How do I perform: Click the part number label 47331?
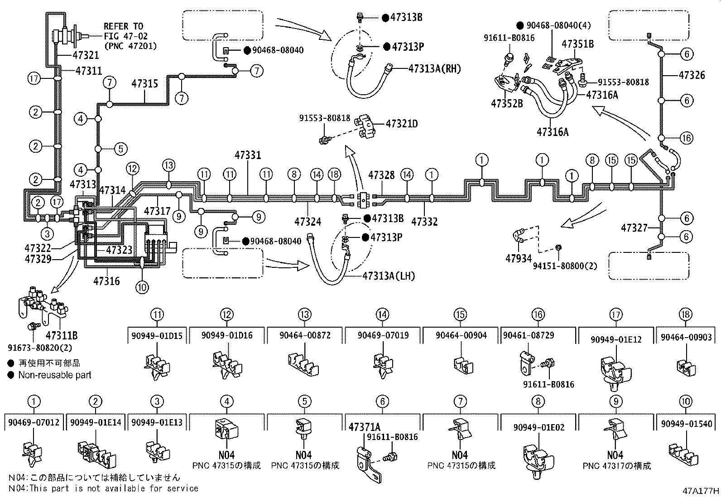coord(248,155)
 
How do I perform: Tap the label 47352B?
coord(507,104)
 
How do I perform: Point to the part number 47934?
coord(518,258)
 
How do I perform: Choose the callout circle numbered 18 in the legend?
coord(686,314)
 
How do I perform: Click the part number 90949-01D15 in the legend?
coord(157,336)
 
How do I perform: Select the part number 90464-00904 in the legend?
coord(461,336)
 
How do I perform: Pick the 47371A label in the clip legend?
coord(365,427)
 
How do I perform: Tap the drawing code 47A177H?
coord(701,491)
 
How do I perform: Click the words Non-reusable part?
coord(55,375)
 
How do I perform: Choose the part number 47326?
coord(692,75)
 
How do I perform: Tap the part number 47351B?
coord(577,44)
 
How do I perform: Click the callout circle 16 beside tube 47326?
coord(686,138)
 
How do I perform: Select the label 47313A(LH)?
coord(388,276)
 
